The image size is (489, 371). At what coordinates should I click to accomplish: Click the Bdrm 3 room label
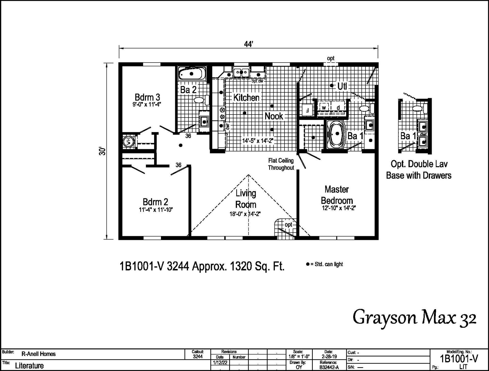tap(147, 97)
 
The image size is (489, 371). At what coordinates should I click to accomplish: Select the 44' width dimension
tap(248, 44)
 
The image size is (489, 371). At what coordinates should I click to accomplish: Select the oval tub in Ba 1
tap(337, 133)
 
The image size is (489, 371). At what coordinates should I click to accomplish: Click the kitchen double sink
tap(241, 72)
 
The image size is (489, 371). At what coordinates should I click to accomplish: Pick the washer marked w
tap(324, 108)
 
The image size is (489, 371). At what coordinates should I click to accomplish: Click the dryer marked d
tap(338, 108)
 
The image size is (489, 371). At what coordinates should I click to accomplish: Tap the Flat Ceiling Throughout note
tap(281, 164)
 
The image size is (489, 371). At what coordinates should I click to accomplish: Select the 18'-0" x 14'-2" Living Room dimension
tap(245, 214)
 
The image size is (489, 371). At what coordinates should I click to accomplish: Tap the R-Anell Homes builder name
tap(38, 354)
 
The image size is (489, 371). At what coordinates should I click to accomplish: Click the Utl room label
tap(342, 86)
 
